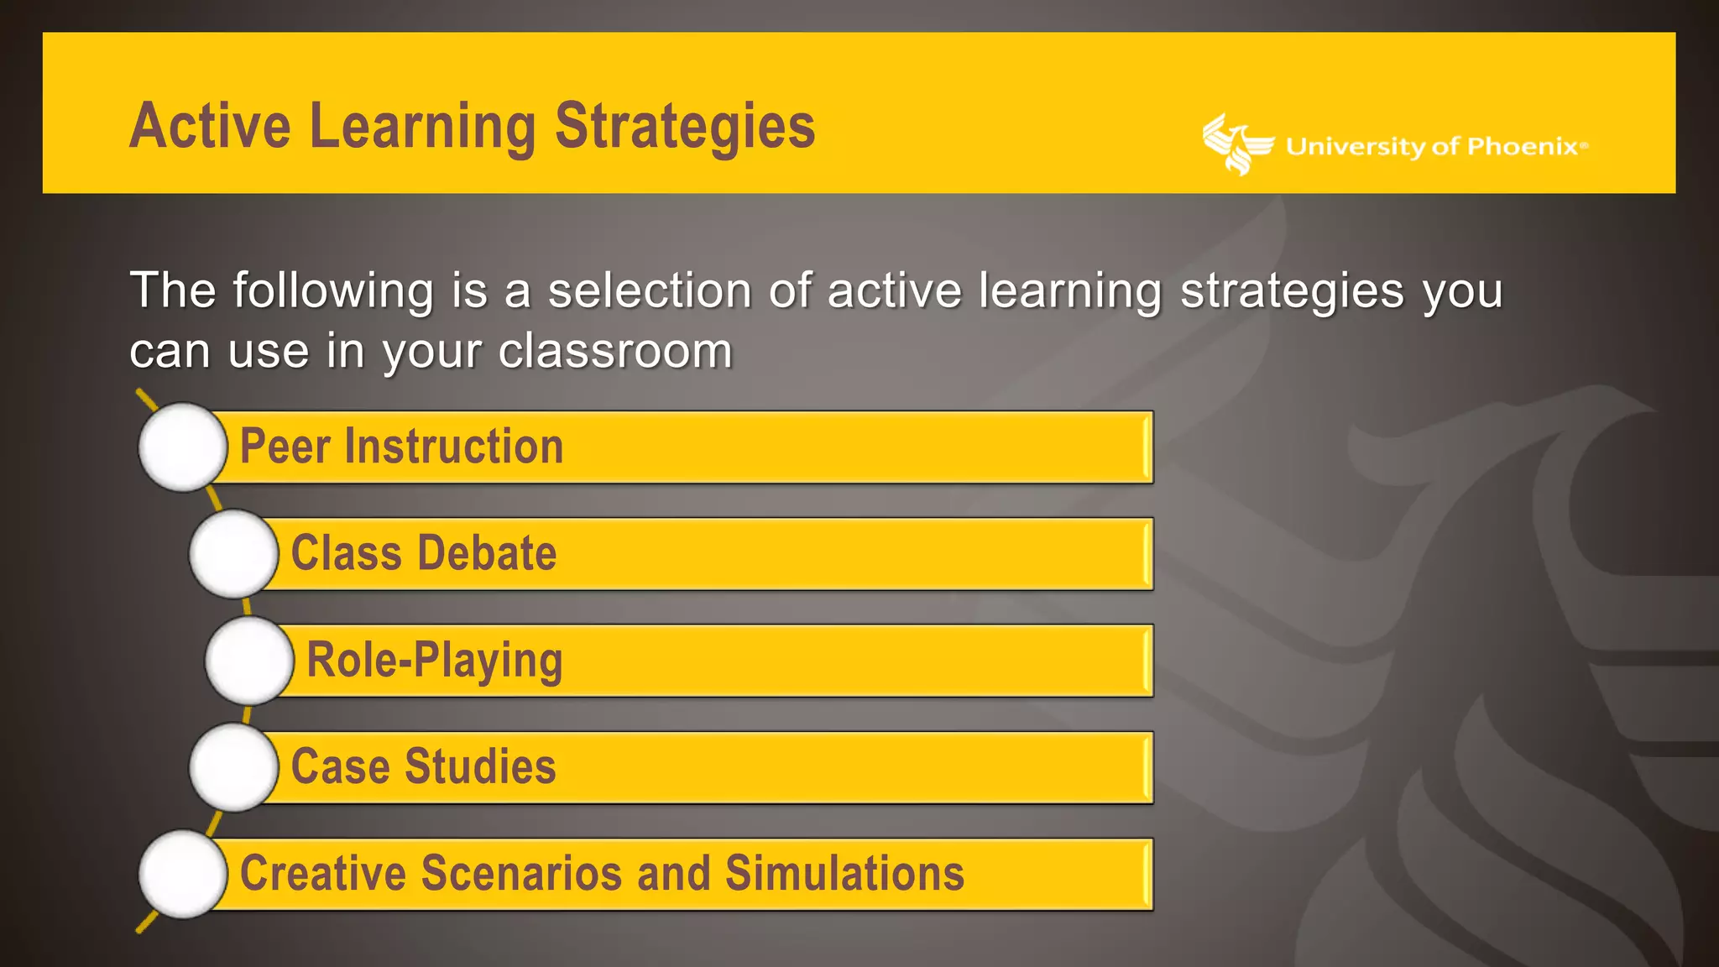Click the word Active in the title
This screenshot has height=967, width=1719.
pos(210,126)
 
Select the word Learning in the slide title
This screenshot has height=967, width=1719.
pos(422,126)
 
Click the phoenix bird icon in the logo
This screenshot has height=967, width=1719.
pos(1236,144)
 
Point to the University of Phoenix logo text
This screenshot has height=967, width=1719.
pos(1435,147)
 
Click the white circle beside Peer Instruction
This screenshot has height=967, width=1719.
pos(183,447)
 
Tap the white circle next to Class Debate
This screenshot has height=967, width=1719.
pos(233,554)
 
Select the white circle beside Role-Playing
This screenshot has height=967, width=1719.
pos(249,661)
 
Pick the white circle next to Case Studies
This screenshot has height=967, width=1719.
pos(233,767)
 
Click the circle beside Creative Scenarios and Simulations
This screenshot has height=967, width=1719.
pos(183,874)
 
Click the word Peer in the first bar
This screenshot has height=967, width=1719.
pos(285,447)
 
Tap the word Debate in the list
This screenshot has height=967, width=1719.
pos(487,553)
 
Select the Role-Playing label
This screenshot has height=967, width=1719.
pos(434,661)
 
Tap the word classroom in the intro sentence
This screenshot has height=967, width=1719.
pos(615,351)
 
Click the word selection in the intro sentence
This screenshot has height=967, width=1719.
pos(650,290)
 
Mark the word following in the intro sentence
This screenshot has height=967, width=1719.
pos(333,290)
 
